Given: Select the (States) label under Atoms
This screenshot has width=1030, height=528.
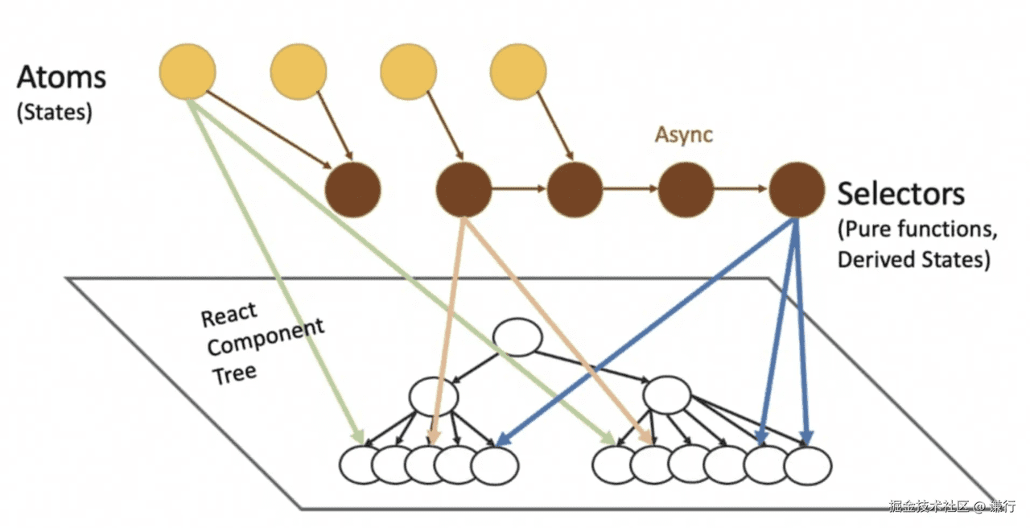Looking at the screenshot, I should pos(55,112).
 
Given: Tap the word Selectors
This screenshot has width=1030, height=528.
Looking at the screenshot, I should pos(901,194).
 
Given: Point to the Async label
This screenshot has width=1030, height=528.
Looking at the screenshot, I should pos(683,134).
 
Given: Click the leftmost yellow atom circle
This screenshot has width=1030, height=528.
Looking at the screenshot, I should pos(187,72).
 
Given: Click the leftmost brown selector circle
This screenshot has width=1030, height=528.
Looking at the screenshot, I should pos(352,191).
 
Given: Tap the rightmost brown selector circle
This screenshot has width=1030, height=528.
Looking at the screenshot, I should pos(797,190).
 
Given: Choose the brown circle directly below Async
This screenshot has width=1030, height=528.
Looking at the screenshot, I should pos(686,190).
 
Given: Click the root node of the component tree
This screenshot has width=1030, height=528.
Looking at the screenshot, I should pos(519,337).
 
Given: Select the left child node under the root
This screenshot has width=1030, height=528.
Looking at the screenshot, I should pos(433,396).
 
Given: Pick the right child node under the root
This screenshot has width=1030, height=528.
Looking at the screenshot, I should pos(667,395).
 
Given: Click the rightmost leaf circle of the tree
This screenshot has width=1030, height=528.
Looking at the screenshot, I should pos(807,465).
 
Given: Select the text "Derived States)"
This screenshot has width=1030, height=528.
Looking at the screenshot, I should pos(913,260).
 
